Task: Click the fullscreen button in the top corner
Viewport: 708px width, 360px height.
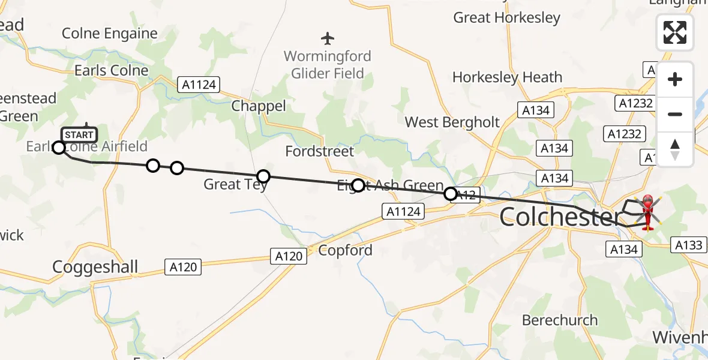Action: coord(675,32)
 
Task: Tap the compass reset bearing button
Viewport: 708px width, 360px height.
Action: coord(675,149)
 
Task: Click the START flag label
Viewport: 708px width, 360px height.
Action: coord(79,135)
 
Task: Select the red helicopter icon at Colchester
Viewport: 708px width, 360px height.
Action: coord(648,211)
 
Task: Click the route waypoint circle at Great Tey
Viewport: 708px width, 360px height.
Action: coord(263,176)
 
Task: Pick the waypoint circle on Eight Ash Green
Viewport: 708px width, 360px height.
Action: coord(358,185)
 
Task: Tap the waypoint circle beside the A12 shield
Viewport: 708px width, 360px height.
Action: coord(450,194)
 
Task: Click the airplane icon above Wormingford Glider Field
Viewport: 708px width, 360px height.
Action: coord(327,39)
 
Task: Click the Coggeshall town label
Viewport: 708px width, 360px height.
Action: coord(95,267)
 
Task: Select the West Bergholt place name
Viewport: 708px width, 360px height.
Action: coord(452,122)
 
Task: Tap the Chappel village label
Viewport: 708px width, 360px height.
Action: coord(259,106)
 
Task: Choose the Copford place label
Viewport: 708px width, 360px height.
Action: coord(345,250)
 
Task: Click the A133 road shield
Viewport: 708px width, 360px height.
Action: coord(688,245)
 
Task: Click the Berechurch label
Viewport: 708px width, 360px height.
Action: coord(560,320)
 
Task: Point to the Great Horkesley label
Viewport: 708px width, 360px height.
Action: coord(506,18)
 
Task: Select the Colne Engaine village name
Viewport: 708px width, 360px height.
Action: coord(110,34)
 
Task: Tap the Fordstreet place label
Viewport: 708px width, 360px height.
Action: coord(320,151)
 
